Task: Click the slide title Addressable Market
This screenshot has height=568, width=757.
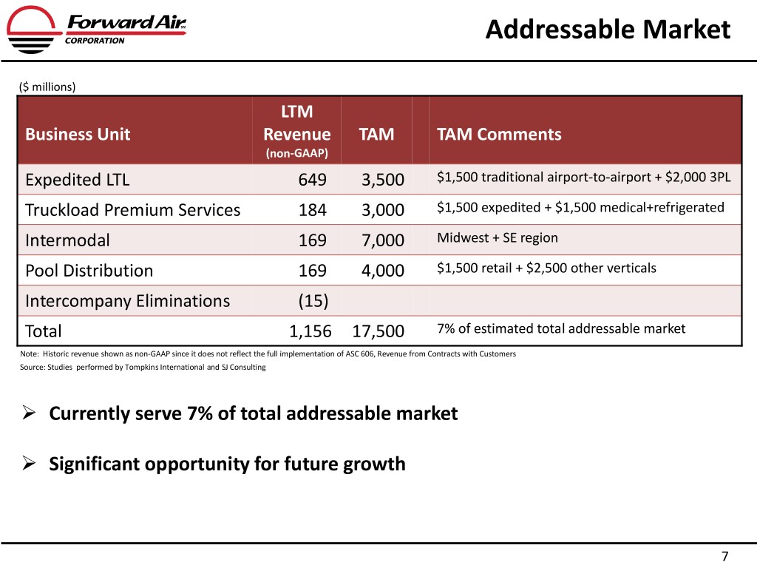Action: pyautogui.click(x=608, y=30)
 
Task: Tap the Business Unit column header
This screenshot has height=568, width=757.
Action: pyautogui.click(x=78, y=135)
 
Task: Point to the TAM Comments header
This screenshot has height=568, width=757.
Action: pyautogui.click(x=499, y=135)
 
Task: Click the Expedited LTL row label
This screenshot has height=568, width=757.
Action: pyautogui.click(x=72, y=180)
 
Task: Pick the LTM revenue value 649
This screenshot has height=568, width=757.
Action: pyautogui.click(x=312, y=180)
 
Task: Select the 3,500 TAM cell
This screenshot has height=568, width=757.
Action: pyautogui.click(x=383, y=180)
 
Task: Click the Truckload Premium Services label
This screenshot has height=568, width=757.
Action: pyautogui.click(x=132, y=210)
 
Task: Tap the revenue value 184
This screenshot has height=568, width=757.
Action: pyautogui.click(x=312, y=210)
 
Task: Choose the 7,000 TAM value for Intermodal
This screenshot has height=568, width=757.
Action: pyautogui.click(x=383, y=240)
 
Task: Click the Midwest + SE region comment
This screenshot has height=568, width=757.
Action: pyautogui.click(x=497, y=238)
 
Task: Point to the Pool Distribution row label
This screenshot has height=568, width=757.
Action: pyautogui.click(x=89, y=271)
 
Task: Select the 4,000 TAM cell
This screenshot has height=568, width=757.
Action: pyautogui.click(x=383, y=271)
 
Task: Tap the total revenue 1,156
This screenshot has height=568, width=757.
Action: pyautogui.click(x=310, y=331)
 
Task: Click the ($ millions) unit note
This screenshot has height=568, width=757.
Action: pyautogui.click(x=47, y=87)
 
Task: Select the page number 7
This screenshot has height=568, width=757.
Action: pyautogui.click(x=724, y=556)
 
